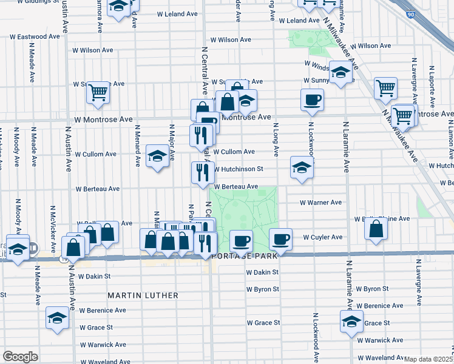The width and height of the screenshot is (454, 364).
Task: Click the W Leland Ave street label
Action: point(177,13)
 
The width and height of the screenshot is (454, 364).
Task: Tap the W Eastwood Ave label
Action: point(35,36)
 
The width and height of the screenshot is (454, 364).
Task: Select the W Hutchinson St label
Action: point(238,169)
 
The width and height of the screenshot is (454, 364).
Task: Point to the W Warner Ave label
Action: point(320,202)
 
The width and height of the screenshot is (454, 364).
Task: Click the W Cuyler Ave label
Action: point(323,237)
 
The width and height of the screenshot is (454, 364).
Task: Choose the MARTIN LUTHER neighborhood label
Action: point(143,295)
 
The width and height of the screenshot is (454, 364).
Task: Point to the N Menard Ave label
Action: point(138,145)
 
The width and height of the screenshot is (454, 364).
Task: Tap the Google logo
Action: point(20,356)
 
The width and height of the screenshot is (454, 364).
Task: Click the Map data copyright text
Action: point(429,359)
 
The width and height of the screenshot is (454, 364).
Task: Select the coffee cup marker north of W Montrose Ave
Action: point(313,101)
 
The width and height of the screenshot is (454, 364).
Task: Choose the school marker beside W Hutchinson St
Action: point(301,167)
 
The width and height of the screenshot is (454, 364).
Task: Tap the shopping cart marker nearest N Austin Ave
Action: point(98,93)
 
